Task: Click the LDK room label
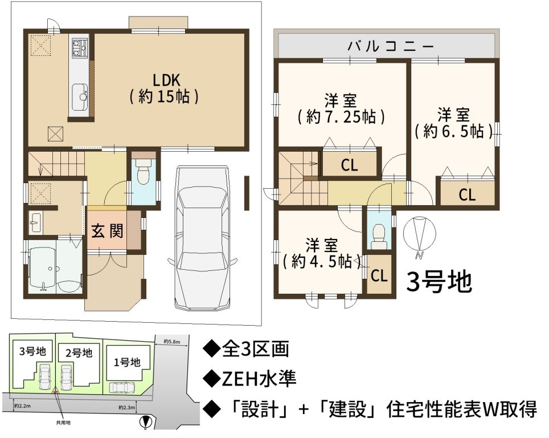click(165, 89)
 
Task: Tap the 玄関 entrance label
click(107, 231)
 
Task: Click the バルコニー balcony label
click(391, 46)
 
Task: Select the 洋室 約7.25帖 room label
click(341, 109)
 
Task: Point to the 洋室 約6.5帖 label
click(454, 123)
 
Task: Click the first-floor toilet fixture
click(142, 172)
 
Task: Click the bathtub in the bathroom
click(42, 268)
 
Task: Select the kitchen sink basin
click(80, 97)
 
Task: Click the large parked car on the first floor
click(203, 238)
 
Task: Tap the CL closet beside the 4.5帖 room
click(379, 275)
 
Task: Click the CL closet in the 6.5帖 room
click(468, 194)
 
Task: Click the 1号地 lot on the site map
click(127, 362)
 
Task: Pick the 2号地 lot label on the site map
click(79, 352)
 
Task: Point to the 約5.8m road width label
click(171, 342)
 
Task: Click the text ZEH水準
click(259, 379)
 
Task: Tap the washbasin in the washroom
click(35, 223)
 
